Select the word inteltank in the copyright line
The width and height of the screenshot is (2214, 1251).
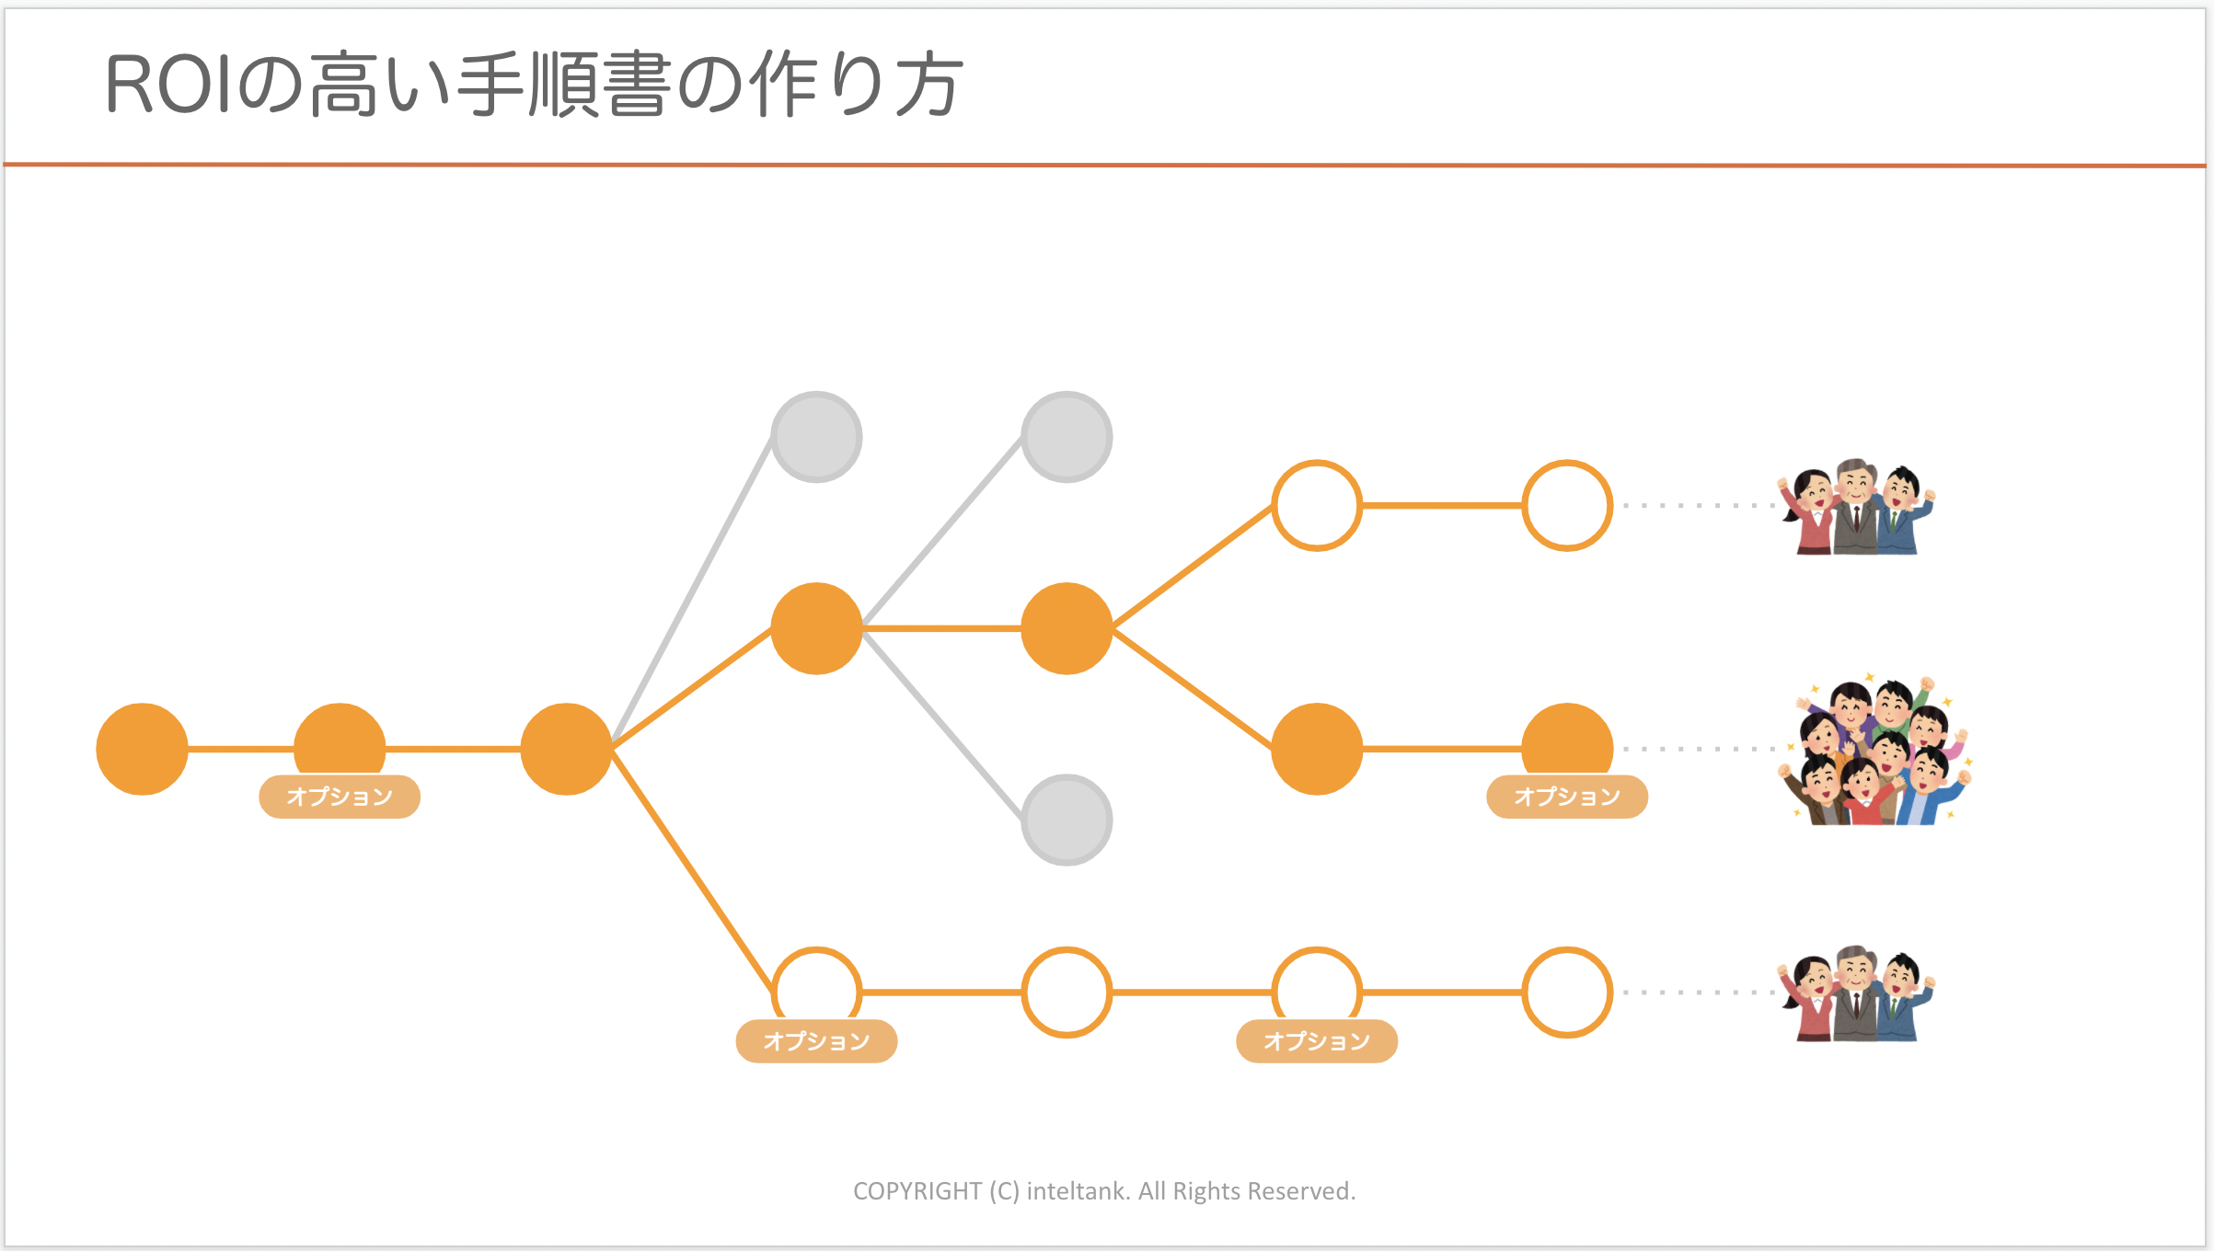pyautogui.click(x=1078, y=1191)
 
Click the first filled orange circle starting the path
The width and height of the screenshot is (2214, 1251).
pyautogui.click(x=142, y=749)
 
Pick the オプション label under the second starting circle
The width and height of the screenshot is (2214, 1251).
pyautogui.click(x=340, y=797)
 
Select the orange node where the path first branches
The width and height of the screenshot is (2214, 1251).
pyautogui.click(x=566, y=749)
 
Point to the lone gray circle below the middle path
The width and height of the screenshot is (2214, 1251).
pyautogui.click(x=1067, y=820)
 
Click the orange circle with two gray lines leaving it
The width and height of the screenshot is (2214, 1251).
pyautogui.click(x=816, y=628)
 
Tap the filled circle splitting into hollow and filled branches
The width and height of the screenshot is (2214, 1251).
pyautogui.click(x=1067, y=628)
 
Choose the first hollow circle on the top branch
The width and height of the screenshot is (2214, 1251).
pyautogui.click(x=1317, y=505)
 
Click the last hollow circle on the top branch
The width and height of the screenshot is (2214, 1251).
pyautogui.click(x=1567, y=505)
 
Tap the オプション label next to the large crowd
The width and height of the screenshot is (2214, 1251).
pyautogui.click(x=1567, y=797)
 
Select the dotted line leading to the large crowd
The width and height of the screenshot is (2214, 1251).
pyautogui.click(x=1698, y=749)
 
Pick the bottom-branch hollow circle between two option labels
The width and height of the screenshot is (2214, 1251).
pyautogui.click(x=1067, y=993)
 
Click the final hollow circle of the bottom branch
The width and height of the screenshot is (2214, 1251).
pyautogui.click(x=1567, y=993)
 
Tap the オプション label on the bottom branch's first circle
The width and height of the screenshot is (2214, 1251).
pyautogui.click(x=816, y=1041)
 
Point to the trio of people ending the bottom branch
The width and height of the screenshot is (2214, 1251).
pyautogui.click(x=1857, y=993)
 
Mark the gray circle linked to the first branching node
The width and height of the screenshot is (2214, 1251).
pyautogui.click(x=816, y=437)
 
